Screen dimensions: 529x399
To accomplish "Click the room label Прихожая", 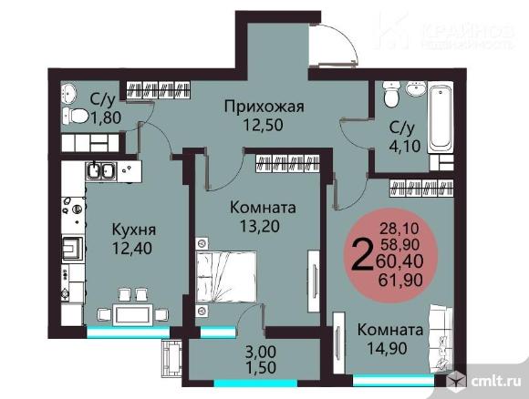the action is coord(264,107).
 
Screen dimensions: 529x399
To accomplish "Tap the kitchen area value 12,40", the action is coord(132,249).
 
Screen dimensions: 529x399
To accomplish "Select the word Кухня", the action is coord(133,230).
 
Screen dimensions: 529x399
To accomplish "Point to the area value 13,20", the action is coord(259,226).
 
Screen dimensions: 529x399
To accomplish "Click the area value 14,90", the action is coord(387,348).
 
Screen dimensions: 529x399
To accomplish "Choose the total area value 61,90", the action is coord(400,280).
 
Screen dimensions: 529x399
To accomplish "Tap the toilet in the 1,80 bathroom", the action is coord(76,117).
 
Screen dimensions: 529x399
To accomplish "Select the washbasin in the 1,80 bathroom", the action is coord(69,93).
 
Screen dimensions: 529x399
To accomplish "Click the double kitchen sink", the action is coord(101,170).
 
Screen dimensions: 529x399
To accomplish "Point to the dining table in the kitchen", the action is coord(132,315).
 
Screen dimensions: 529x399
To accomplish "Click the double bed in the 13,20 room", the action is coord(225,276).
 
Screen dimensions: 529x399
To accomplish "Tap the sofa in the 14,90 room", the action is coord(441,338).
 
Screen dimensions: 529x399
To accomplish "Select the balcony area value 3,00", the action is coord(261,352).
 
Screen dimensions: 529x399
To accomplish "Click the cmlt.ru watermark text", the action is coord(496,381).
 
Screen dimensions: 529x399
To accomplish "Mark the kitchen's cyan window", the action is coord(129,332).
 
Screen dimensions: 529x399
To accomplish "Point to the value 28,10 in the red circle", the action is coord(399,229).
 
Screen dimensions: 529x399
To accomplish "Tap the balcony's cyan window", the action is coord(255,384).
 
